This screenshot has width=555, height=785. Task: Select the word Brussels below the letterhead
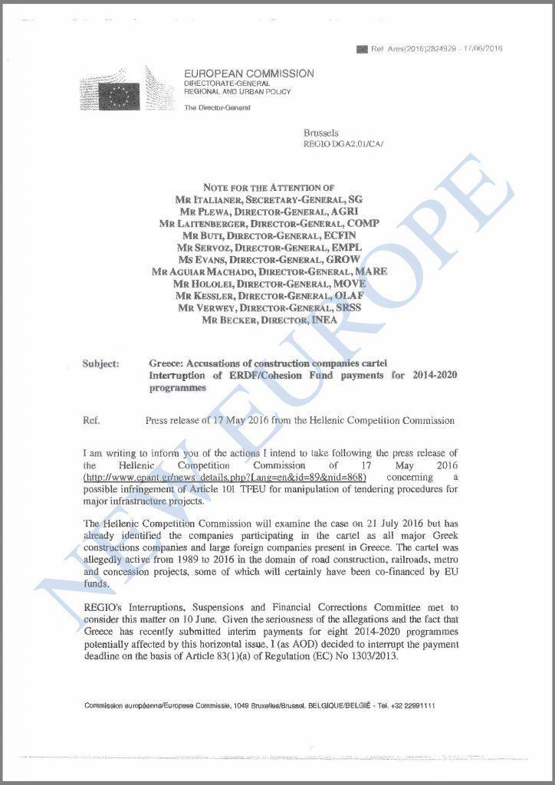(320, 133)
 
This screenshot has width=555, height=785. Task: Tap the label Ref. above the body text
(91, 420)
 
